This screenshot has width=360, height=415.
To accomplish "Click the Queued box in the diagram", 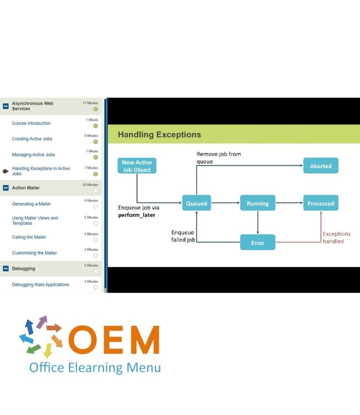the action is [197, 203].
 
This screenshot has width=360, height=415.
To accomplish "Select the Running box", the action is [258, 203].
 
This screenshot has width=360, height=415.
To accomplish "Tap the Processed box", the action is [321, 203].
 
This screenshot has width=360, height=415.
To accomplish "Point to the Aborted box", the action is [321, 165].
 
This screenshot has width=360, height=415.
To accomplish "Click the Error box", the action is [258, 242].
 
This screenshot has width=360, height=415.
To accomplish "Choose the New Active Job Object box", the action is [137, 165].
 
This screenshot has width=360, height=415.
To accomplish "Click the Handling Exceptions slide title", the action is [160, 134].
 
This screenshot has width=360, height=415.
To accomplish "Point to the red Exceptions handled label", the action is [336, 237].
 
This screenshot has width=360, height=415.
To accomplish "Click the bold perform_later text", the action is [137, 215].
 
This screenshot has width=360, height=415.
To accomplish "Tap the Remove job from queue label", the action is [219, 158].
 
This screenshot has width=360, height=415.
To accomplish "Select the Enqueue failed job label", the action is [183, 236].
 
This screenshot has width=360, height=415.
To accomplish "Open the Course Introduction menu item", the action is [31, 123].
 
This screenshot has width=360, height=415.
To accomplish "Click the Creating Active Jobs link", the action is [32, 139].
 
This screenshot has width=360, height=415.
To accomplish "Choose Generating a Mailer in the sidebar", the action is [31, 204].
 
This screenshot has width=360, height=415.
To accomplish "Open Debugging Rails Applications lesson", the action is [40, 284].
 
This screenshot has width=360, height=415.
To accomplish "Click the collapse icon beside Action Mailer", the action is [6, 188].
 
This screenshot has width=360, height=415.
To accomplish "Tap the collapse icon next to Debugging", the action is [6, 268].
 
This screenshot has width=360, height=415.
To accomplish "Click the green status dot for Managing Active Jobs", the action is [96, 158].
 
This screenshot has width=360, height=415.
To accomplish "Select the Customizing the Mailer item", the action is [34, 253].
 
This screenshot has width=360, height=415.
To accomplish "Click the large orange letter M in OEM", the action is [145, 340].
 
